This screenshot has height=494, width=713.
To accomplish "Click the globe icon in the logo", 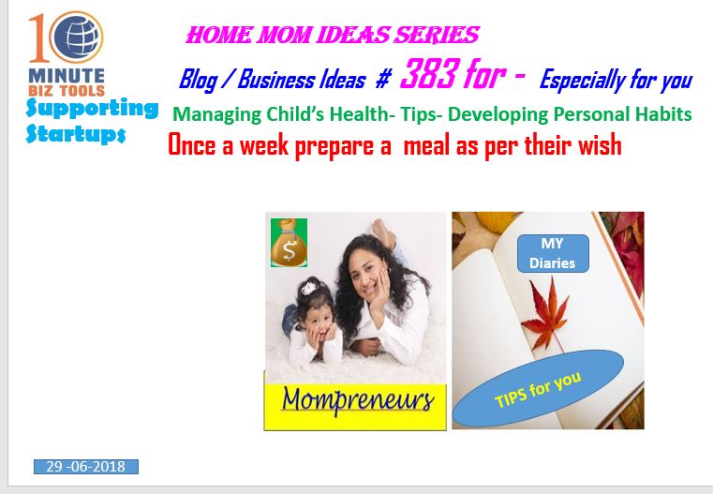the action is pos(76,37).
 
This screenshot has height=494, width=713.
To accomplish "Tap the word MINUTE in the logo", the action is pos(67,76).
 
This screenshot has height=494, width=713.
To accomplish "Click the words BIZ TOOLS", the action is pos(67,91).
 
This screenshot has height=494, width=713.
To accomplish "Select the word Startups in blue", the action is pos(76,134).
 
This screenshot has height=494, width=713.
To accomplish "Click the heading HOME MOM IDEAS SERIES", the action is pos(333,35).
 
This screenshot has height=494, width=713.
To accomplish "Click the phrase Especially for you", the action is pos(616,80).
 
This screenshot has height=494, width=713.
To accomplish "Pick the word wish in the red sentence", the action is pos(600,145).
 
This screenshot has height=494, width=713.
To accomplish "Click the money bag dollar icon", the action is pos(289,243).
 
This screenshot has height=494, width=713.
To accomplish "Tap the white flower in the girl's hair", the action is pos(310,288).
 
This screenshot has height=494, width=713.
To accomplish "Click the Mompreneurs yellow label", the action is pos(355,407).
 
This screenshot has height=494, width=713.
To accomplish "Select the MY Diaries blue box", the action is pos(553,253).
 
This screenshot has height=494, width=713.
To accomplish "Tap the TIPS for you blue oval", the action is pos(538,388).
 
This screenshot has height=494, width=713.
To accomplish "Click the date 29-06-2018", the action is pos(86,467).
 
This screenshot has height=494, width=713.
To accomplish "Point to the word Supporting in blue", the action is pos(93,109).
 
